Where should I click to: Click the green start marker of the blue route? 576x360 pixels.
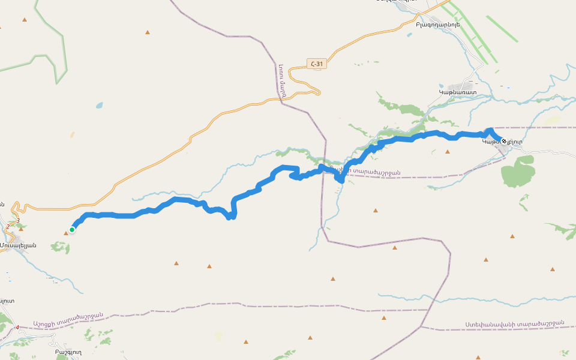(x=72, y=229)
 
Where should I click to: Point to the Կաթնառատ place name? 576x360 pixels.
(x=457, y=92)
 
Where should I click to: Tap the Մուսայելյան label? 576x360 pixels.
(x=18, y=245)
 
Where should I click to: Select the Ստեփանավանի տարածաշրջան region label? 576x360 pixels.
(x=514, y=323)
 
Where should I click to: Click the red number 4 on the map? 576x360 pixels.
(x=17, y=327)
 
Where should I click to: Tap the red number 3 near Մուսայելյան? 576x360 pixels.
(x=19, y=221)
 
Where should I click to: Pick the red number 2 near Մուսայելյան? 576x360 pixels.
(x=8, y=226)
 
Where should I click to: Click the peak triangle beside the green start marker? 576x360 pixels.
(x=66, y=233)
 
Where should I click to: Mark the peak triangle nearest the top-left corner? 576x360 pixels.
(x=25, y=20)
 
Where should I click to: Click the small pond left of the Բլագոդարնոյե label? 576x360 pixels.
(x=409, y=35)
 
